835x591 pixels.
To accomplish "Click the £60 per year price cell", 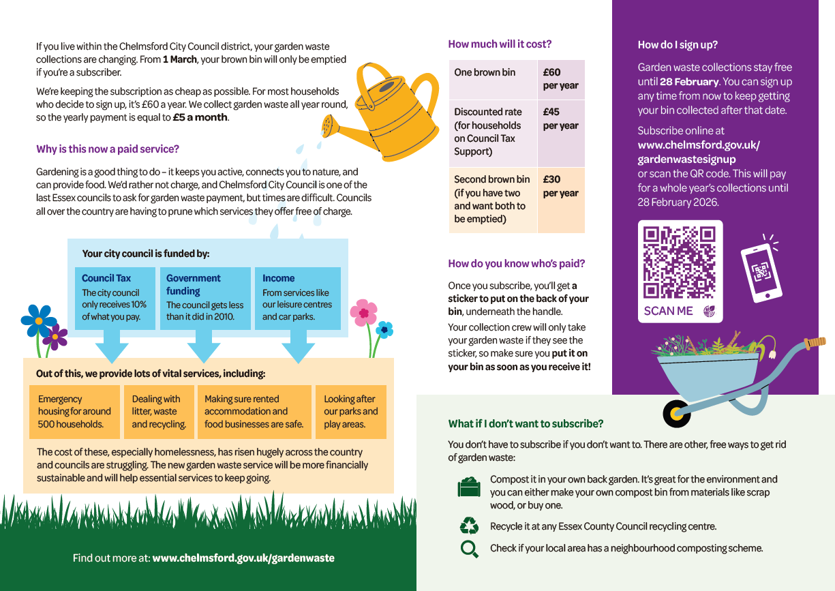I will click(x=560, y=79).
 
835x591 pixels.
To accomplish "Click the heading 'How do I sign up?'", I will click(x=678, y=45).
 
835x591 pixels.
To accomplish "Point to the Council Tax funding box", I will click(x=115, y=298).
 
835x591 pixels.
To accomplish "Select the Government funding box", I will click(x=204, y=298).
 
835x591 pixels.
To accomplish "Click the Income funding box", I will click(x=297, y=298).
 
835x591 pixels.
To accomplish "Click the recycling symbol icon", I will click(x=469, y=526).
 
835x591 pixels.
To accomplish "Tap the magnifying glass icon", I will click(x=469, y=549).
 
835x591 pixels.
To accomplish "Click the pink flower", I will click(x=363, y=313).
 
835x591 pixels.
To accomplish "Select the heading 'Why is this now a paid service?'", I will click(x=108, y=149).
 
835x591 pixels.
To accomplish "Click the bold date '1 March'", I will click(x=179, y=59).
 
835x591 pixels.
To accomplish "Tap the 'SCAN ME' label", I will click(x=668, y=311).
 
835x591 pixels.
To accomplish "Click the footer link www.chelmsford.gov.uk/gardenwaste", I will click(x=243, y=558).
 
